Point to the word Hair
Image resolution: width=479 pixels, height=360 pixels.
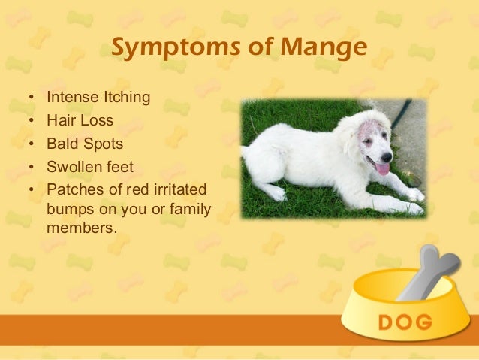[x=60, y=119]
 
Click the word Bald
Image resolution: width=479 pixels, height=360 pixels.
[x=61, y=142]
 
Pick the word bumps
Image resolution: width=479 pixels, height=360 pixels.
[x=68, y=206]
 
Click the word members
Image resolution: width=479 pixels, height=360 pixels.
[x=81, y=225]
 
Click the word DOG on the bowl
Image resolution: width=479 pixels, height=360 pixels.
[x=405, y=323]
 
